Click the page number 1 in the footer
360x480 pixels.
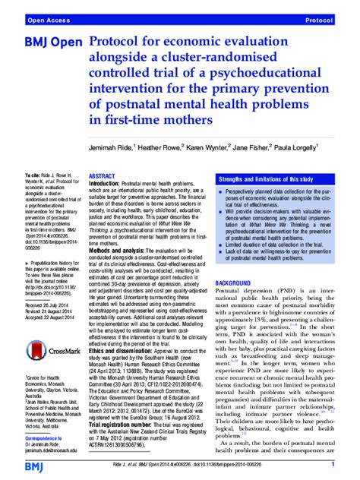333,463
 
